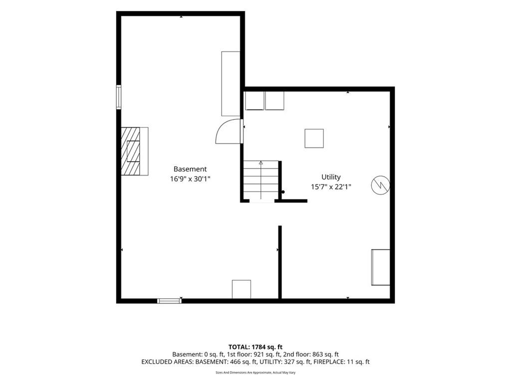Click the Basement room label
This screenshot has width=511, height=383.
[190, 169]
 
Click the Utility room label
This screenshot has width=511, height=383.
[331, 177]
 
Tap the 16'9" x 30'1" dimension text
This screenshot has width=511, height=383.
[190, 179]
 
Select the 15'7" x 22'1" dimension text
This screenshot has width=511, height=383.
[331, 187]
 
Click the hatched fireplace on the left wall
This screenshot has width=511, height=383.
[130, 152]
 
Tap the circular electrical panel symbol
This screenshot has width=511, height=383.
[380, 186]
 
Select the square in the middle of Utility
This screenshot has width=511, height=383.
[314, 139]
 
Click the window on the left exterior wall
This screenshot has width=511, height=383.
[119, 97]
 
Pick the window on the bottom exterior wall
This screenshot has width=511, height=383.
[170, 301]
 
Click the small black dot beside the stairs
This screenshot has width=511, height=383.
[283, 192]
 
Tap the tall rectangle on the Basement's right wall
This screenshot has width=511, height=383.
[231, 84]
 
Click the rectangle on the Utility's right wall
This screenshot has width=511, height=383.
[381, 267]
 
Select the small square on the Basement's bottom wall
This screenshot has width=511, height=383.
[242, 289]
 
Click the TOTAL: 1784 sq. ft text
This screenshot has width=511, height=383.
[255, 347]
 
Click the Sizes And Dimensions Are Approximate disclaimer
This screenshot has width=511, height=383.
[255, 373]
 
